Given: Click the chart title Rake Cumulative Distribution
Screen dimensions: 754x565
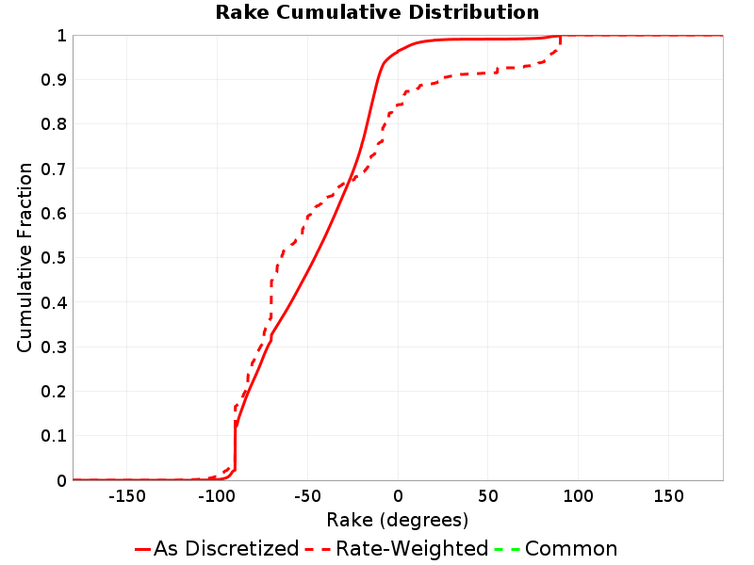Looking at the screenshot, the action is pyautogui.click(x=377, y=12).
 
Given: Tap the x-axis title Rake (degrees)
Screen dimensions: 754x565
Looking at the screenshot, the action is pyautogui.click(x=397, y=520).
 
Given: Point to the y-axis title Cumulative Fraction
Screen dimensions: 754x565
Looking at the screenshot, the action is pyautogui.click(x=25, y=257).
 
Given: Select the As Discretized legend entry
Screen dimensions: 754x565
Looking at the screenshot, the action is pyautogui.click(x=217, y=548).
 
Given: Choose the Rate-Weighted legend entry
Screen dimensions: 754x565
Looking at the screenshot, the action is pyautogui.click(x=397, y=548).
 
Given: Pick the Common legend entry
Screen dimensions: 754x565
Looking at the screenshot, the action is pyautogui.click(x=556, y=548).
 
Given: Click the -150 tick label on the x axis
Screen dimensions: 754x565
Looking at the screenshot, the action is pyautogui.click(x=127, y=496).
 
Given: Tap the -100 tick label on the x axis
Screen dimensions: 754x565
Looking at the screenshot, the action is pyautogui.click(x=217, y=496).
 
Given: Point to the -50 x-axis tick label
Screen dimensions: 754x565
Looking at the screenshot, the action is pyautogui.click(x=307, y=496).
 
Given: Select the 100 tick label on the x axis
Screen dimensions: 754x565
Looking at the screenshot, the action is pyautogui.click(x=578, y=496).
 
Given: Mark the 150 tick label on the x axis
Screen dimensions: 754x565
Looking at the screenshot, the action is pyautogui.click(x=668, y=496).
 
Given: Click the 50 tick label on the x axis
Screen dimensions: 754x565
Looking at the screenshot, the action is pyautogui.click(x=488, y=496).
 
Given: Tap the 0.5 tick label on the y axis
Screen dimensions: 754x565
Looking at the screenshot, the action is pyautogui.click(x=54, y=257).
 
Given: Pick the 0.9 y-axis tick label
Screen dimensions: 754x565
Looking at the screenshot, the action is pyautogui.click(x=54, y=79).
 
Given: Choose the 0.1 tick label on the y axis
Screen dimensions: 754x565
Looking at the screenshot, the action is pyautogui.click(x=54, y=436).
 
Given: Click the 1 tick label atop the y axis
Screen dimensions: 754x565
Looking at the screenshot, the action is pyautogui.click(x=62, y=35).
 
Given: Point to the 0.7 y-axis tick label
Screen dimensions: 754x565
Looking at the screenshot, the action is pyautogui.click(x=54, y=169).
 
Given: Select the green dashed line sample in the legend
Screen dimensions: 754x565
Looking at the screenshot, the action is pyautogui.click(x=507, y=549).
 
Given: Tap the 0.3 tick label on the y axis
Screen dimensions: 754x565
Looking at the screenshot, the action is pyautogui.click(x=54, y=347).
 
